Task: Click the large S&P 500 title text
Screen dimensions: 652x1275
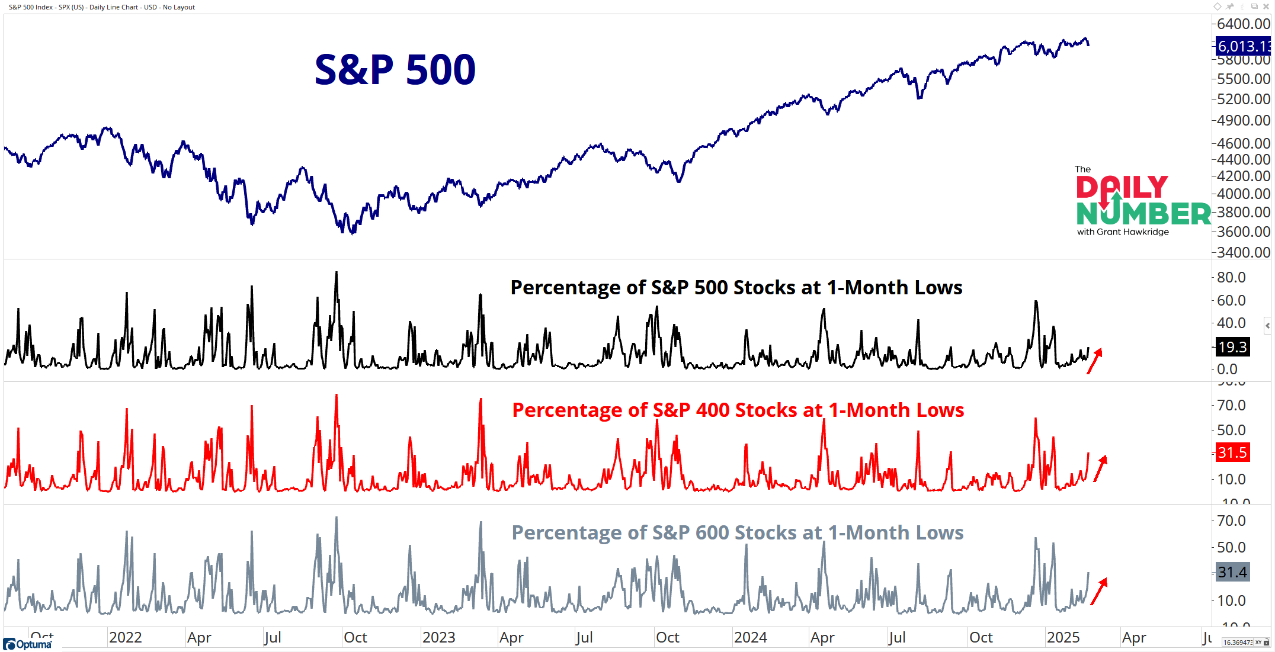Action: pos(395,70)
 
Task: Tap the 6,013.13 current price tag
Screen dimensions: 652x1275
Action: pos(1243,46)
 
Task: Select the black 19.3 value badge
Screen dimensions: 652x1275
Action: pos(1232,347)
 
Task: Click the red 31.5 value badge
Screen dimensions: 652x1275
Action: pos(1232,453)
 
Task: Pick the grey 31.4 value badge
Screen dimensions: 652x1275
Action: pos(1232,573)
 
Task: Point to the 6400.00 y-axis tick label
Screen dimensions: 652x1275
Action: pos(1243,24)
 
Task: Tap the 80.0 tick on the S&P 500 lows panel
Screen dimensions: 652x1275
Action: pos(1231,278)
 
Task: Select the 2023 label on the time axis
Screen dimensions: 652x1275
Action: pos(438,638)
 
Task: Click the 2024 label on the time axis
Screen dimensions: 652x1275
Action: pos(750,638)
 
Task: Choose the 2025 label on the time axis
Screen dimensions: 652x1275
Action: pos(1063,638)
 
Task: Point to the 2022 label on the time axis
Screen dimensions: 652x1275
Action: pos(126,638)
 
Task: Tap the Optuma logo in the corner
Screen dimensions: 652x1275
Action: pos(28,644)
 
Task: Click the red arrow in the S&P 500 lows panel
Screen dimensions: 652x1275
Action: pos(1094,361)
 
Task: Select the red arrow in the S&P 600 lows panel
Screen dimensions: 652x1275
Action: pos(1099,591)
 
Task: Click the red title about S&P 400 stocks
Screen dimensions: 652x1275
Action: pos(738,410)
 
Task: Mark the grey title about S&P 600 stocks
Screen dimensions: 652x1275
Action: pos(738,533)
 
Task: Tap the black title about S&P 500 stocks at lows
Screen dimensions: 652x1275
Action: pos(736,288)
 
